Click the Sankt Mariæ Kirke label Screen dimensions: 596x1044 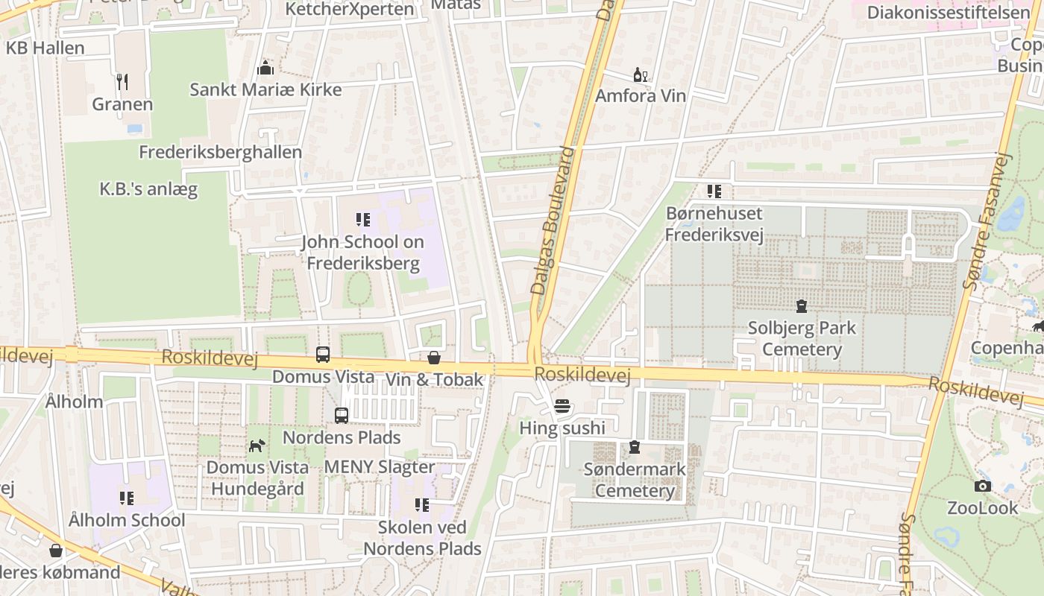(265, 89)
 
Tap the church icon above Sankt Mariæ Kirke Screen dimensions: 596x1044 (265, 69)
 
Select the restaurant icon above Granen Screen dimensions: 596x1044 (122, 81)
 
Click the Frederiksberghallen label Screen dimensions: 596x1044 (220, 152)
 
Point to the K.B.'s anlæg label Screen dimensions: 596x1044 (148, 188)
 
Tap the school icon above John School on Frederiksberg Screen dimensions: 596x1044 (363, 220)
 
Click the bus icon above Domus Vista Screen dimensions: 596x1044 (323, 355)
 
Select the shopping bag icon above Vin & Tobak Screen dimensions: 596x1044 (434, 358)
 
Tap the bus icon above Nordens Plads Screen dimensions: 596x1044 (342, 416)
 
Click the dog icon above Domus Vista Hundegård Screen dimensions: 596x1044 (257, 446)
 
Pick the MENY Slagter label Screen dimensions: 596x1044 (379, 467)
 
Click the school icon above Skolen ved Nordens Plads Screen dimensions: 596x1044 (422, 505)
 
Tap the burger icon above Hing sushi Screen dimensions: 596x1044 (562, 406)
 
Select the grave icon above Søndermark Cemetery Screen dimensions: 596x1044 (635, 447)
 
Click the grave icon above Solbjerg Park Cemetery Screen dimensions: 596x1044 (802, 305)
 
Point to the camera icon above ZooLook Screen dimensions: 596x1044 (983, 486)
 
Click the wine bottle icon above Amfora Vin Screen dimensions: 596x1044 (640, 74)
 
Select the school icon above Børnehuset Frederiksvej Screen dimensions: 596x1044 (714, 191)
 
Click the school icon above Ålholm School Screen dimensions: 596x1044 (127, 498)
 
